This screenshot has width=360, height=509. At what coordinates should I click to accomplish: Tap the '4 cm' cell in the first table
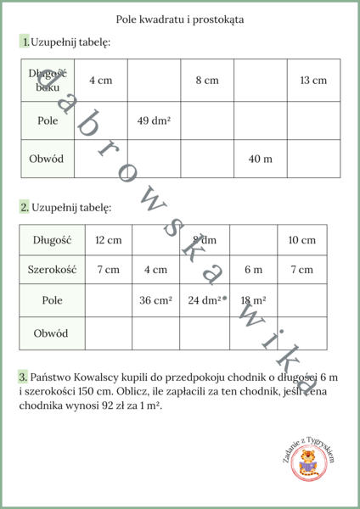click(x=100, y=81)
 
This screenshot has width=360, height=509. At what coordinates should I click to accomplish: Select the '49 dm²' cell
click(x=154, y=120)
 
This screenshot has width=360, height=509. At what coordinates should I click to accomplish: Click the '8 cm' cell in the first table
click(x=206, y=81)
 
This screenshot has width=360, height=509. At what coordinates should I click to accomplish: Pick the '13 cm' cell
click(x=312, y=81)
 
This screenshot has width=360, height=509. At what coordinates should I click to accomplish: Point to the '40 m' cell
click(x=260, y=159)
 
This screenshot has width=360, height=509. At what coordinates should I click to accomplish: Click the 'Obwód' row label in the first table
click(x=48, y=159)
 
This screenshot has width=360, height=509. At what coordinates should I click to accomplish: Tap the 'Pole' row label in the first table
click(x=48, y=120)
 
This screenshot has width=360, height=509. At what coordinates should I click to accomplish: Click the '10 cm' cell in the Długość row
click(x=301, y=240)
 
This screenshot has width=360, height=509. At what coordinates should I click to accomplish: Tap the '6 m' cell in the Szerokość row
click(x=253, y=270)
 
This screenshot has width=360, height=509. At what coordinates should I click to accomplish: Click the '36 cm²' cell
click(x=155, y=300)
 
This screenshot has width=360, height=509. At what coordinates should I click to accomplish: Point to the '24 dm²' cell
click(x=205, y=300)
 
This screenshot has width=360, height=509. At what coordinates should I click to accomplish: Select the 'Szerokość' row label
click(x=49, y=270)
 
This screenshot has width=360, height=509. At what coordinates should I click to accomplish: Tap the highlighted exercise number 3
click(x=22, y=375)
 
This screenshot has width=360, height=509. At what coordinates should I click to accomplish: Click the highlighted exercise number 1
click(x=26, y=42)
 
